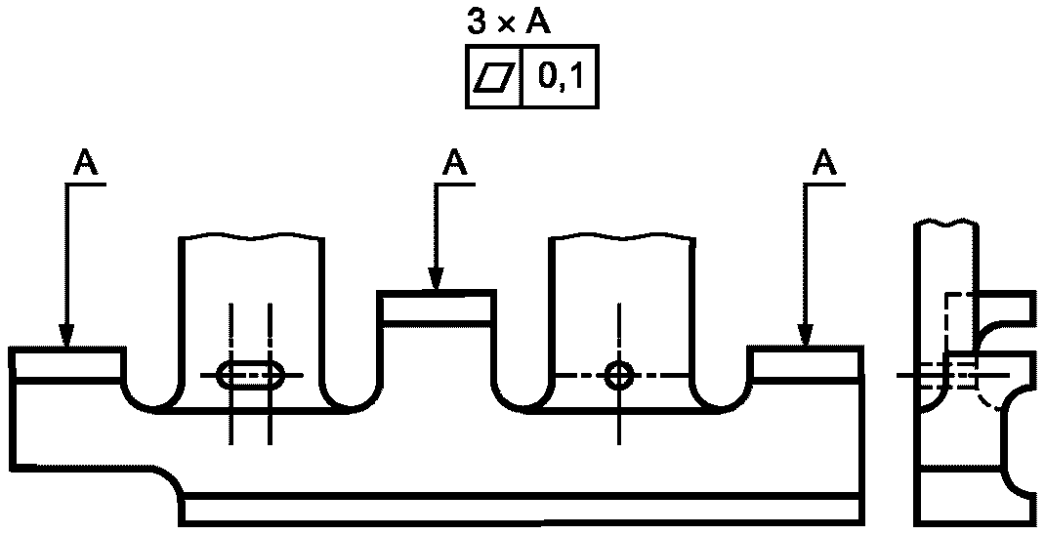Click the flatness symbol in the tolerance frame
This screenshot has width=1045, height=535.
[494, 76]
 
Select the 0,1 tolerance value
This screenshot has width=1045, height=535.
[561, 77]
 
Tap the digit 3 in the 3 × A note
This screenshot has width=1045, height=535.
[478, 23]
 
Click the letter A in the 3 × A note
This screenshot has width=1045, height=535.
[538, 23]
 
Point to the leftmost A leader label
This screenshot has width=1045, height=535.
[85, 162]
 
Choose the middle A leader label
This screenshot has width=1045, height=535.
[455, 162]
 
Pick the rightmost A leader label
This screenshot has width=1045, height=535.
[825, 162]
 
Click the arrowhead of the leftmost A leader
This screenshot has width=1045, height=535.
[66, 336]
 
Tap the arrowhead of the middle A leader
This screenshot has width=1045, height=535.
[436, 279]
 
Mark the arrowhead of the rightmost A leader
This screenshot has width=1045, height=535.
[806, 336]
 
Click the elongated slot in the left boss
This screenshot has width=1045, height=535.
[251, 375]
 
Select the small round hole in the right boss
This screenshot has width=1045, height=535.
[620, 375]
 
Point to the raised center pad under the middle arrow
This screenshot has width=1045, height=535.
[437, 307]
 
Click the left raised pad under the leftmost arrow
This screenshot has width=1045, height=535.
[66, 364]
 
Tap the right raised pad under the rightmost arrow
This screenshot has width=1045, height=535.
[807, 364]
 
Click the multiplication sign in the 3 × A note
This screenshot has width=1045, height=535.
[507, 25]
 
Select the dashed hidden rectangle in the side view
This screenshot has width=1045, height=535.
[960, 341]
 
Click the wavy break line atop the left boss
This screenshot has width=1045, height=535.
[252, 236]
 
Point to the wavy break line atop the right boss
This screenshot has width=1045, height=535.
[621, 236]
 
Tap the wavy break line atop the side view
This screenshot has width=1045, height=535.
[945, 222]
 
